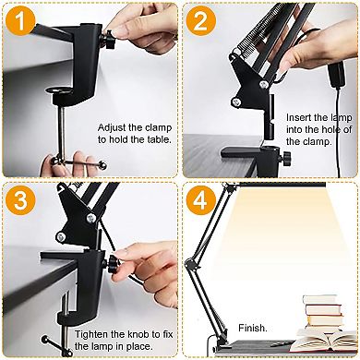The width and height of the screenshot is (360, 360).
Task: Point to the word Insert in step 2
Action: pos(301,117)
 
